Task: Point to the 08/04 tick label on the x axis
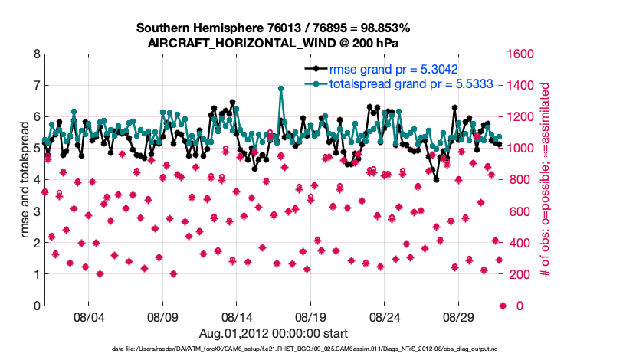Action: (88, 316)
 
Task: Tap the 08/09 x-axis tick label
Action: (162, 316)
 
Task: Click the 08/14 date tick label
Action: (237, 316)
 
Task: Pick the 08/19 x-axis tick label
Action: (311, 316)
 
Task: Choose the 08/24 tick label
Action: (385, 316)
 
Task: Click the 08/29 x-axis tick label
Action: (460, 316)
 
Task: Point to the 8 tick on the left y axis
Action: (36, 54)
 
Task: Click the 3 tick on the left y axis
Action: (36, 211)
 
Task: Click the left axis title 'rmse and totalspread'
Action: (24, 180)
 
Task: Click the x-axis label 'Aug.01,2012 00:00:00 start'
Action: (274, 333)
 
